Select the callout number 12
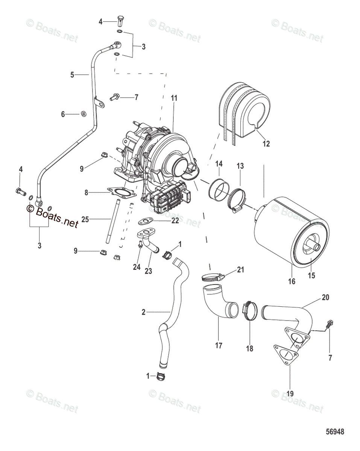click(x=266, y=144)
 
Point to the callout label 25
click(x=85, y=219)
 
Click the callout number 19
click(x=290, y=393)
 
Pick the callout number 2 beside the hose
click(x=143, y=312)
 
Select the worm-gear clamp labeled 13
click(x=236, y=199)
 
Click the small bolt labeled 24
click(x=140, y=244)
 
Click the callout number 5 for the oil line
click(x=72, y=75)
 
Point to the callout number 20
click(x=325, y=297)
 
